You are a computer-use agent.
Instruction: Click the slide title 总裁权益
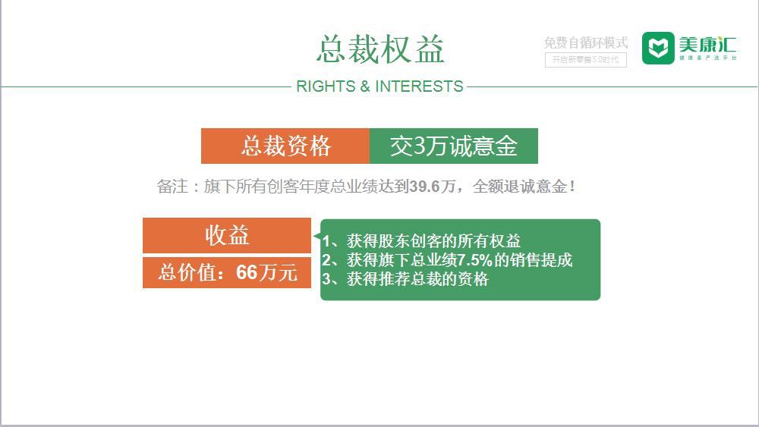tap(380, 49)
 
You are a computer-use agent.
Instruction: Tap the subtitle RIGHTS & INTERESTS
tap(379, 86)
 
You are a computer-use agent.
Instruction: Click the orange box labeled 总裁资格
tap(285, 146)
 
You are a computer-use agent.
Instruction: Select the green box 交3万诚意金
tap(453, 146)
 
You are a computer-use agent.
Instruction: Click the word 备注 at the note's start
tap(171, 187)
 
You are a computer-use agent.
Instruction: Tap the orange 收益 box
tap(227, 235)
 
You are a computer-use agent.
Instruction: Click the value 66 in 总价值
tap(247, 272)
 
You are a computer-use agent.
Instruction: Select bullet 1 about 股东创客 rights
tap(421, 241)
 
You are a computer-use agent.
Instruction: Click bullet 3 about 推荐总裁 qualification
tap(405, 279)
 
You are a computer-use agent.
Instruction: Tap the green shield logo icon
tap(657, 49)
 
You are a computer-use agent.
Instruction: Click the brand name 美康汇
tap(707, 43)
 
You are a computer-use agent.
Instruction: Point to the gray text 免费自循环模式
tap(585, 43)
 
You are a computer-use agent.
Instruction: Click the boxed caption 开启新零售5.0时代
tap(585, 60)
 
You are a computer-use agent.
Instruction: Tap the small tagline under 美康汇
tap(707, 58)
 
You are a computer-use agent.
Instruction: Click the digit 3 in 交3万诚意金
tap(417, 146)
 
